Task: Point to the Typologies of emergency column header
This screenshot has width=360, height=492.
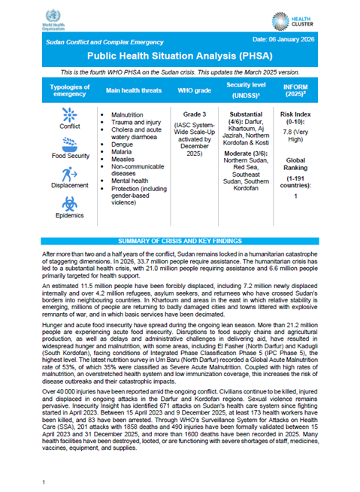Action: click(x=68, y=90)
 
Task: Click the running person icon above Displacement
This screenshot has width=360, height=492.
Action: click(x=68, y=172)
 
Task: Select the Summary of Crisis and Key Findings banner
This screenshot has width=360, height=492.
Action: click(x=180, y=240)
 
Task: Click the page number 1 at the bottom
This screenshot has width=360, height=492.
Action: click(x=45, y=479)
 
